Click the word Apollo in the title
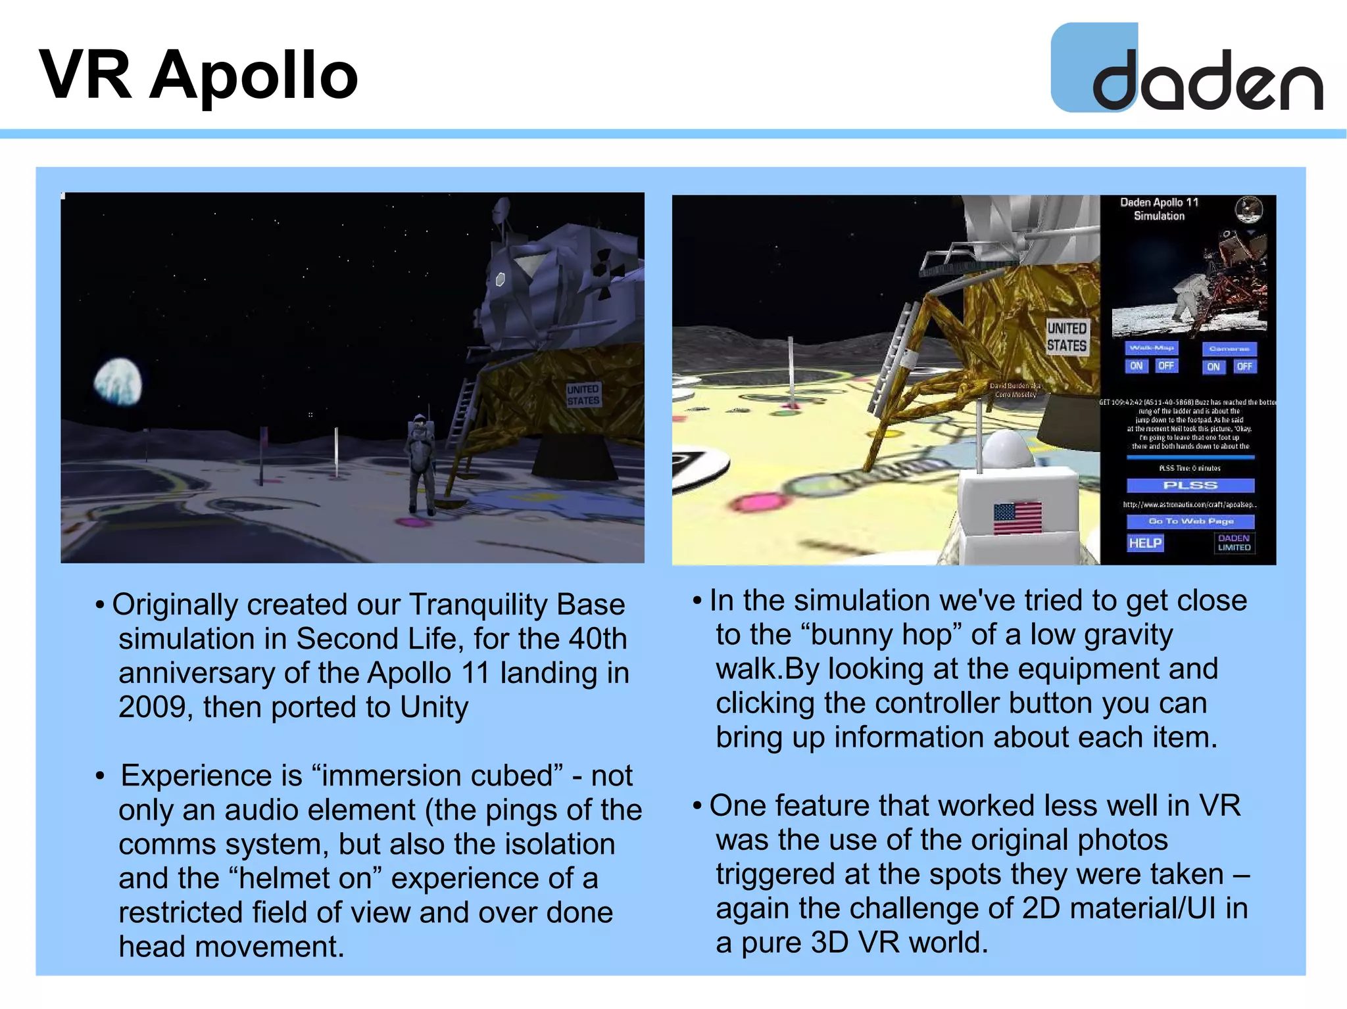254,76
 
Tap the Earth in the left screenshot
118,382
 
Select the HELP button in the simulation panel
1144,543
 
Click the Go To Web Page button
1190,521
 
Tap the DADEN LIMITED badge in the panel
1234,543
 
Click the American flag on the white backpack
1017,518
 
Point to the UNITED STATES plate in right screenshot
1067,337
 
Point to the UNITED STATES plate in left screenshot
583,395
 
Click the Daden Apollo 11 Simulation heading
1159,209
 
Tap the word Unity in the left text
434,707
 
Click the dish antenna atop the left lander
501,209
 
